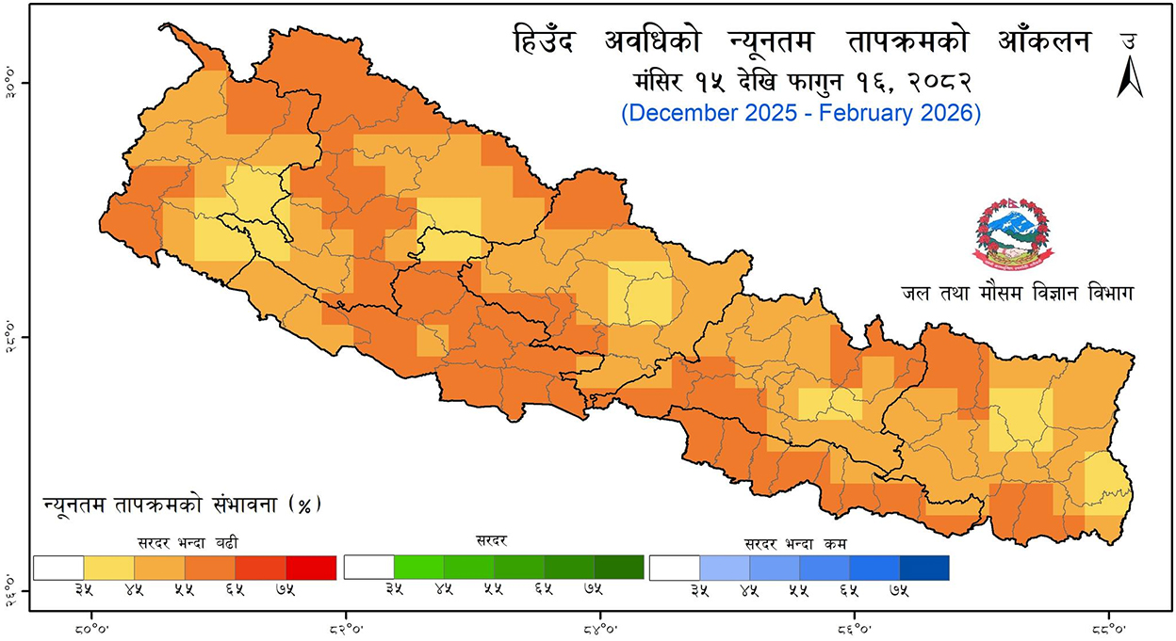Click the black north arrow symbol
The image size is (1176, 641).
point(1129,77)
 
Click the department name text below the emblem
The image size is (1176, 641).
point(1017,294)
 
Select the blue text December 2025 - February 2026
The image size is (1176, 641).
point(801,113)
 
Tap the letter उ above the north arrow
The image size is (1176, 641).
point(1128,41)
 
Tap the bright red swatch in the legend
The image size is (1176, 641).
point(311,568)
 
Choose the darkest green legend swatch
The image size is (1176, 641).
point(619,568)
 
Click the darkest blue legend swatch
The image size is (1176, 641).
point(923,568)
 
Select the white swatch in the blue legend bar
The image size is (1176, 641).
point(675,568)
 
